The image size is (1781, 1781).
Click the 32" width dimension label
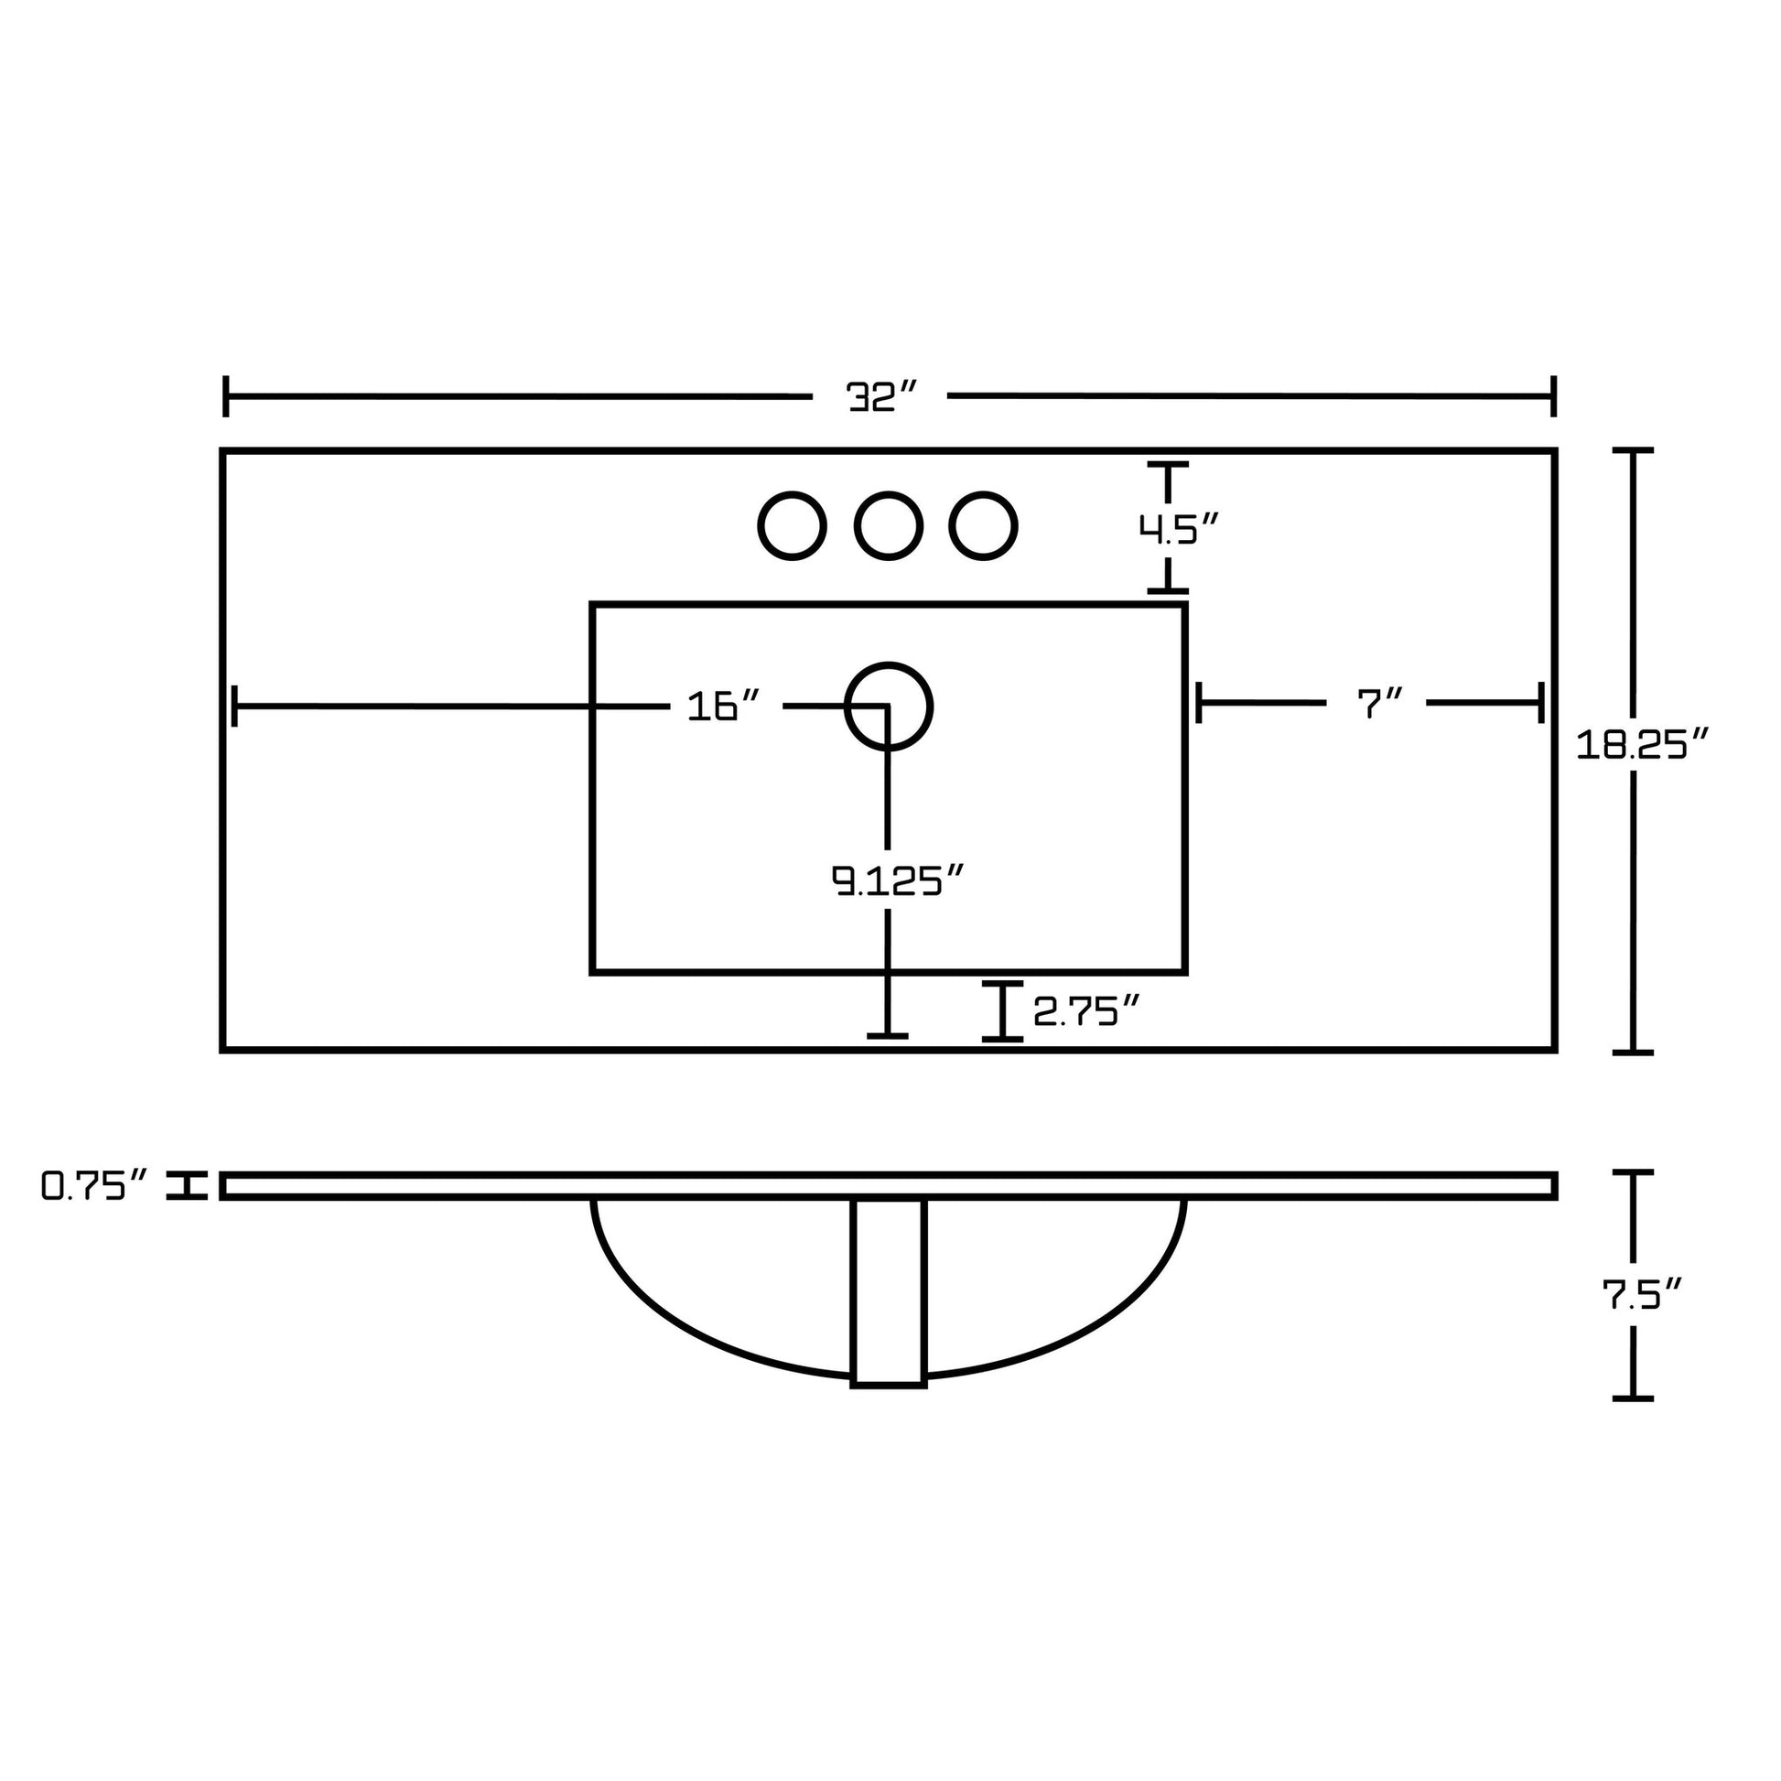coord(882,396)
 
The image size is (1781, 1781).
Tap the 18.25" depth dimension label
coord(1643,744)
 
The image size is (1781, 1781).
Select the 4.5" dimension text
coord(1178,529)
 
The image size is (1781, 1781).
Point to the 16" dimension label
coord(725,707)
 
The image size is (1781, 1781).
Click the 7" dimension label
coord(1379,705)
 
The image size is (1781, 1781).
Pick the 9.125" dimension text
coord(897,880)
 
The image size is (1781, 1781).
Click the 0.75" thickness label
coord(95,1185)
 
